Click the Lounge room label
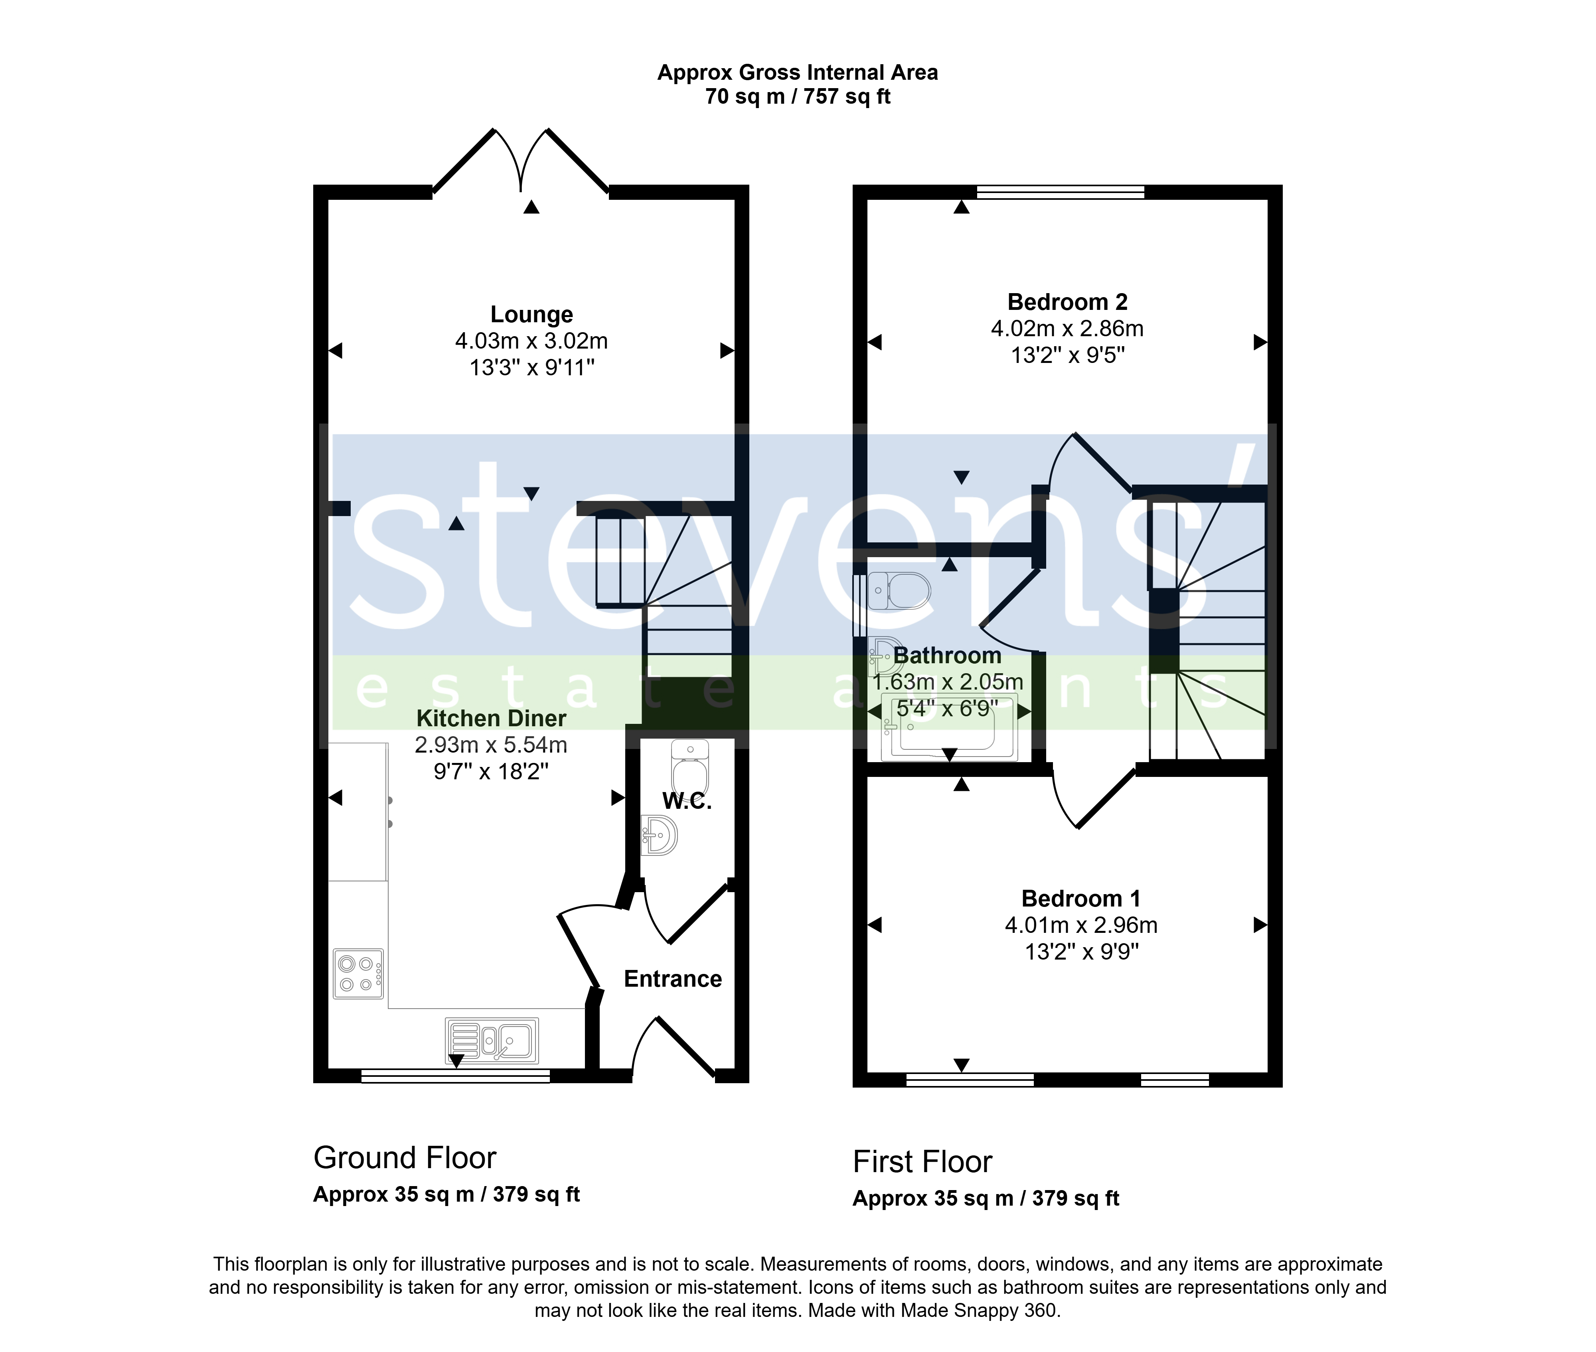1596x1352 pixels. [x=531, y=314]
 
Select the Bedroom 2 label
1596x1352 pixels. [x=1067, y=302]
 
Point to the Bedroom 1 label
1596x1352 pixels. [x=1081, y=898]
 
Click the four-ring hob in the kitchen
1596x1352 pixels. [x=358, y=974]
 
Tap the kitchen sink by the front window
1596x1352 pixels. [x=492, y=1040]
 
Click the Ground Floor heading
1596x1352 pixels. [x=405, y=1157]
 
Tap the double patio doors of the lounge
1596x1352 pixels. [x=521, y=161]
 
